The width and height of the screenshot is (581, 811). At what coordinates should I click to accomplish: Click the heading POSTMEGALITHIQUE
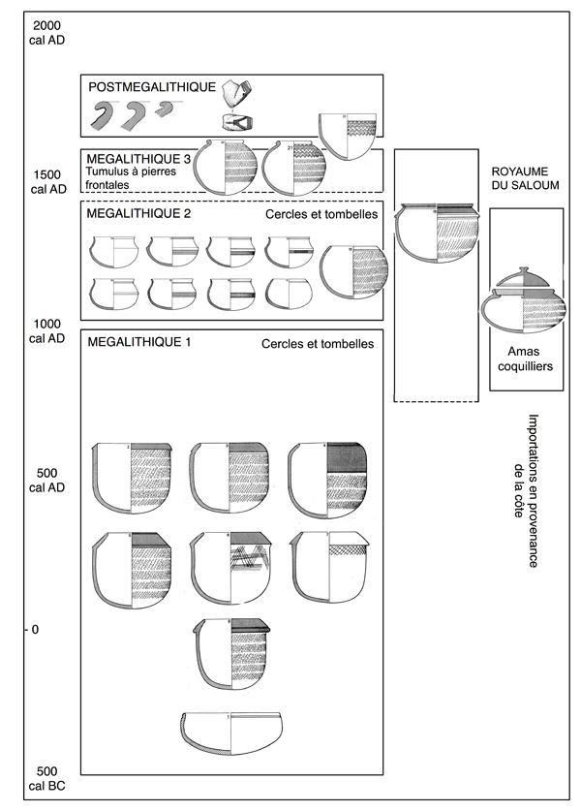coord(151,87)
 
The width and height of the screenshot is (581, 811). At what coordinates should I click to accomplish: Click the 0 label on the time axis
coord(37,630)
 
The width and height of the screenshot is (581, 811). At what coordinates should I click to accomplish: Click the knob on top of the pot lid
coord(523,266)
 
